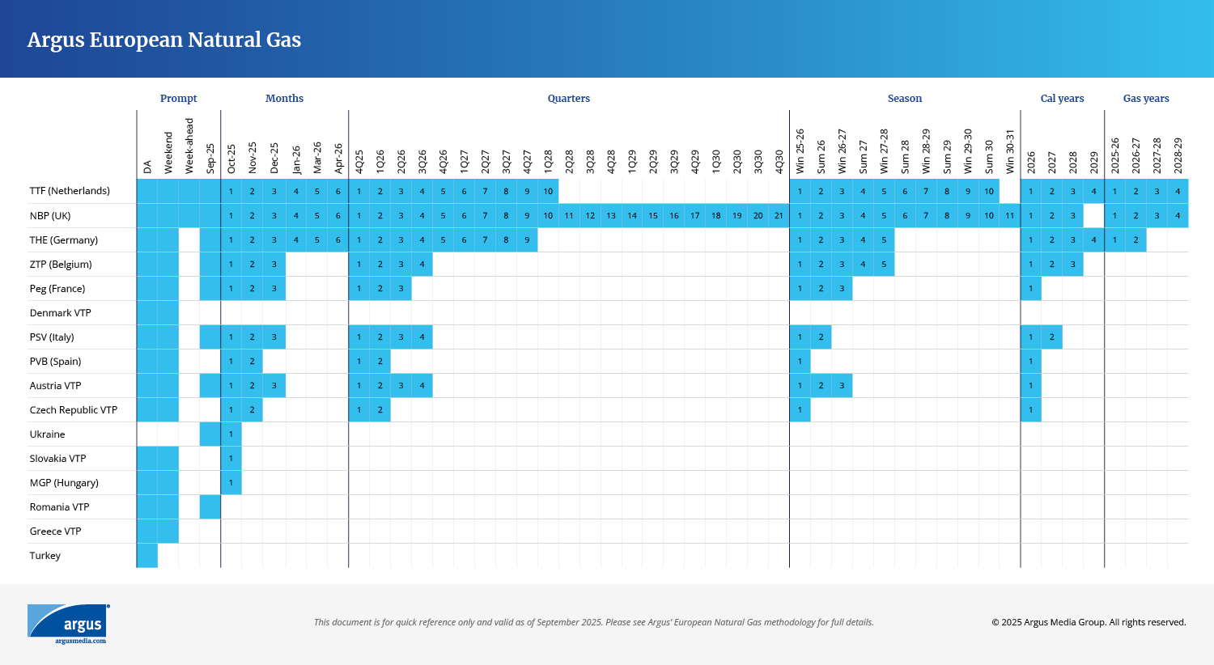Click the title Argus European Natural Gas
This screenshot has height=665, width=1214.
pyautogui.click(x=164, y=40)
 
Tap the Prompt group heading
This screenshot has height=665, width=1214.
pyautogui.click(x=178, y=99)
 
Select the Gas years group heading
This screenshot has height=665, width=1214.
pyautogui.click(x=1145, y=99)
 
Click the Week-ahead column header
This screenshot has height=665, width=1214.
pyautogui.click(x=189, y=146)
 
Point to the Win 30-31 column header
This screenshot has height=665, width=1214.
pyautogui.click(x=1009, y=151)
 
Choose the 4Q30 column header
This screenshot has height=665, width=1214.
pyautogui.click(x=779, y=161)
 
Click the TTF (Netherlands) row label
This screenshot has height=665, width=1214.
pyautogui.click(x=70, y=191)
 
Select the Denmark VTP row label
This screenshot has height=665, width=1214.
pyautogui.click(x=60, y=313)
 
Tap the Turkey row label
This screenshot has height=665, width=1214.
pyautogui.click(x=45, y=556)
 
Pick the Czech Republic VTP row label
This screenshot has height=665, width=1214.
pyautogui.click(x=74, y=410)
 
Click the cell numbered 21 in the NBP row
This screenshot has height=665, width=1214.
pyautogui.click(x=779, y=216)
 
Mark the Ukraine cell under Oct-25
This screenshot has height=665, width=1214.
pyautogui.click(x=231, y=434)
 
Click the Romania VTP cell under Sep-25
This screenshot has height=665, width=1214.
pyautogui.click(x=210, y=507)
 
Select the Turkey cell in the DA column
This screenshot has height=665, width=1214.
pyautogui.click(x=147, y=556)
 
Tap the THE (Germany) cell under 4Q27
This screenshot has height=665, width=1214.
pyautogui.click(x=527, y=240)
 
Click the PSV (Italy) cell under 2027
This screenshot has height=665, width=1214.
pyautogui.click(x=1051, y=337)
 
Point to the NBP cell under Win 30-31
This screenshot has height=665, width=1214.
pyautogui.click(x=1009, y=216)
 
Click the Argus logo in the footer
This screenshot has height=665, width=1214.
pyautogui.click(x=68, y=624)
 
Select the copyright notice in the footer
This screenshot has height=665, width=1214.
pyautogui.click(x=1089, y=622)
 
